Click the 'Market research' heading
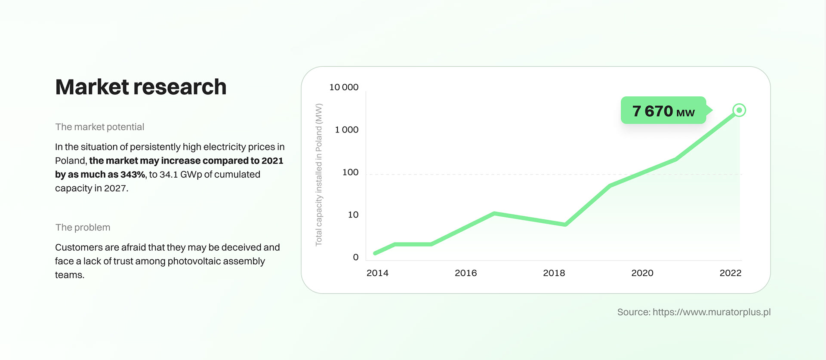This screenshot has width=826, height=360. pyautogui.click(x=141, y=87)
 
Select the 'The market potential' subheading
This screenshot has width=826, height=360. pyautogui.click(x=99, y=127)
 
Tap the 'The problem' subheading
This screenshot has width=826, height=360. pyautogui.click(x=83, y=228)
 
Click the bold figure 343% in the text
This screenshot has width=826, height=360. pyautogui.click(x=133, y=175)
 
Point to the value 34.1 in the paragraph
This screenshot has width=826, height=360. pyautogui.click(x=169, y=175)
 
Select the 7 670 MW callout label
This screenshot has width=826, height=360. pyautogui.click(x=663, y=111)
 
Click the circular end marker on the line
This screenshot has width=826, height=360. pyautogui.click(x=739, y=111)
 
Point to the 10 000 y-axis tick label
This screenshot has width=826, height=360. pyautogui.click(x=344, y=87)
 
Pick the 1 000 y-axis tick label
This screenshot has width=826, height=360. pyautogui.click(x=346, y=130)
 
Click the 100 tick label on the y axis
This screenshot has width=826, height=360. pyautogui.click(x=350, y=172)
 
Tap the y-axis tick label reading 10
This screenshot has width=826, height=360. pyautogui.click(x=353, y=215)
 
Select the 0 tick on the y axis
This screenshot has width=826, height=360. pyautogui.click(x=355, y=257)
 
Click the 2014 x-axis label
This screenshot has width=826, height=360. pyautogui.click(x=377, y=273)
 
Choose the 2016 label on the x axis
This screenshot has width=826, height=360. pyautogui.click(x=465, y=273)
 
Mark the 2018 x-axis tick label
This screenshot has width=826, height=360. pyautogui.click(x=554, y=273)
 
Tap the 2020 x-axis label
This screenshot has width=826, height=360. pyautogui.click(x=642, y=273)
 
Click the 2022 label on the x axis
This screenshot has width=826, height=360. pyautogui.click(x=730, y=273)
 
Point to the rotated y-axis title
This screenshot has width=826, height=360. pyautogui.click(x=319, y=175)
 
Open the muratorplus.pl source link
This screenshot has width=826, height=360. pyautogui.click(x=711, y=312)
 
